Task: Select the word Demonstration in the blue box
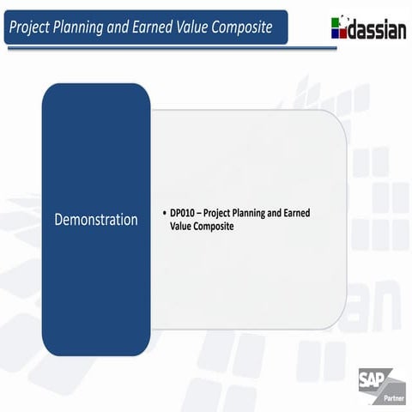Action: (96, 219)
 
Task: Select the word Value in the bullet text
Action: (182, 226)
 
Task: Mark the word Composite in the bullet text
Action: (215, 226)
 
